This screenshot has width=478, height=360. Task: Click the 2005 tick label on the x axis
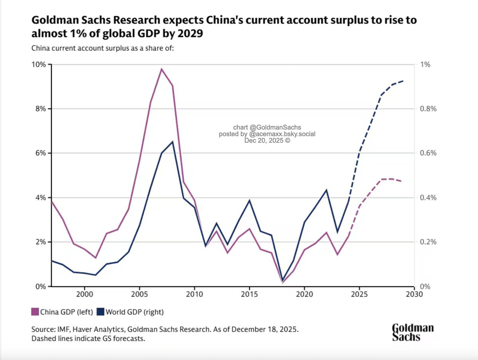[139, 294]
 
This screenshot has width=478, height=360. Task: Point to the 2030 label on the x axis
[414, 294]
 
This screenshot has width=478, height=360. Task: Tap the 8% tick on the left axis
[41, 109]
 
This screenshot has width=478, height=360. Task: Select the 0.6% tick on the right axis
[428, 153]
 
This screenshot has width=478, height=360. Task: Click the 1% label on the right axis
[425, 65]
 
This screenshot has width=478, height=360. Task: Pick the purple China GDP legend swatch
[35, 312]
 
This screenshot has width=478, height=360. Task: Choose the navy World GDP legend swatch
[100, 312]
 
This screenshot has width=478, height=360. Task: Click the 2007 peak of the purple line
[162, 69]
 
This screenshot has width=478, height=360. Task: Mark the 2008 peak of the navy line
[173, 142]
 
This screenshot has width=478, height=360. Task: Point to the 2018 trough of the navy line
[283, 280]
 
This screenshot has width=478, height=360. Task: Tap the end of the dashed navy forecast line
[403, 81]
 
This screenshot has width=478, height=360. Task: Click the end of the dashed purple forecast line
[403, 181]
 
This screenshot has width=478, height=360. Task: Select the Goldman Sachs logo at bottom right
[413, 333]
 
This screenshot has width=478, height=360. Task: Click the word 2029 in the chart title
[190, 33]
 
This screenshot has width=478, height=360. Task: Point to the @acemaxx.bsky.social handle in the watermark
[282, 134]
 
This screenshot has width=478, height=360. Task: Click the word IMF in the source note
[63, 329]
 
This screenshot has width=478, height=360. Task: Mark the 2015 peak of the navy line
[250, 200]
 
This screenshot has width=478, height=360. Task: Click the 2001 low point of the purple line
[95, 258]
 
